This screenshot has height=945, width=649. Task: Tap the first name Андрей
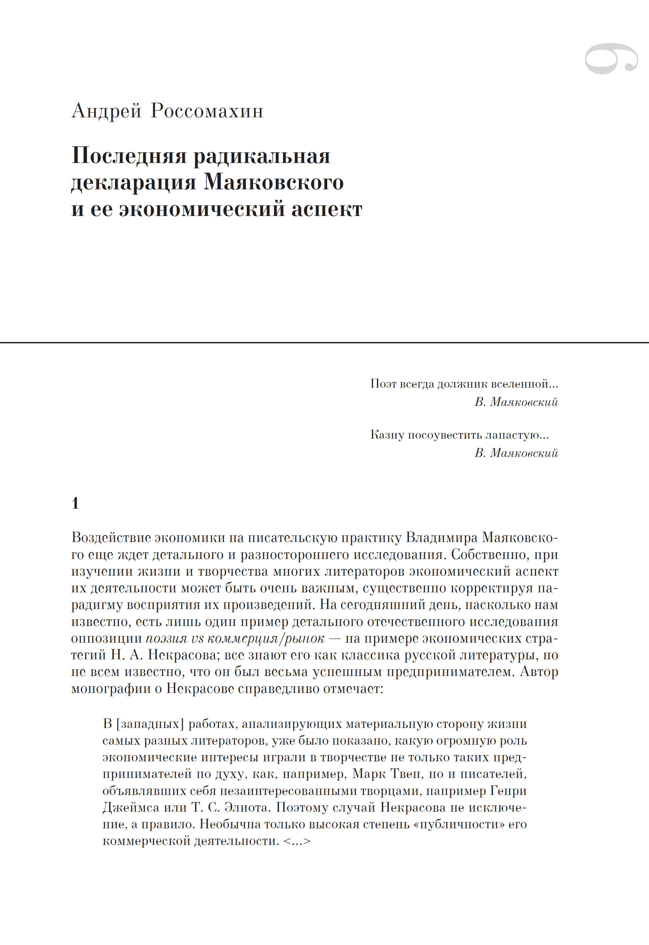pos(107,111)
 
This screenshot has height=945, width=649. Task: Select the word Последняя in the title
pos(129,156)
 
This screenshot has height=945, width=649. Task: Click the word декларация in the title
pos(134,183)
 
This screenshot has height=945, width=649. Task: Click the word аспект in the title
pos(326,210)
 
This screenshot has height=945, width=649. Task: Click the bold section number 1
pos(75,503)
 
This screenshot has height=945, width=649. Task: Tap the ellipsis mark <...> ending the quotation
pos(297,841)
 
